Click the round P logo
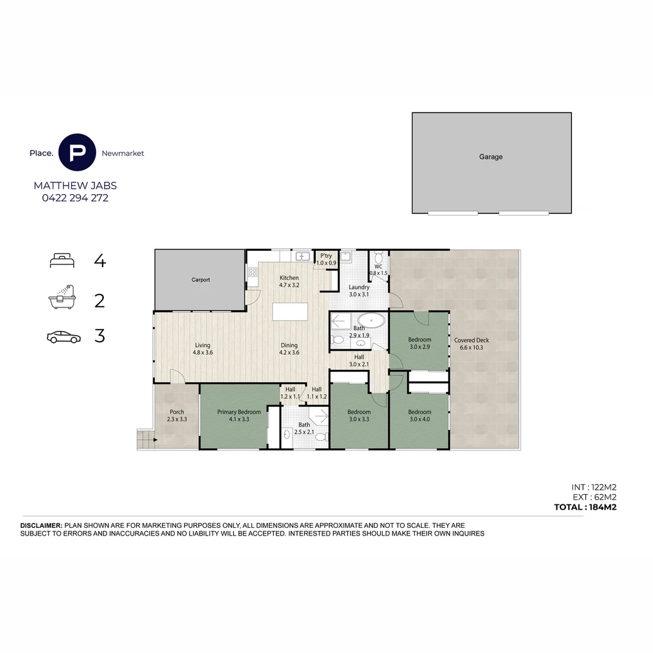pos(77,152)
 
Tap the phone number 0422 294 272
pos(75,198)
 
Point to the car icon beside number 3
pos(63,337)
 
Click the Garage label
pos(490,157)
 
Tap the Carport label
pos(201,280)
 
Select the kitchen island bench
pos(290,311)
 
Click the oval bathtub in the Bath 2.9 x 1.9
pos(370,320)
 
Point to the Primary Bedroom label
pos(239,412)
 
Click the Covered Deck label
pos(471,340)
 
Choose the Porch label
pos(177,412)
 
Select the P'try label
pos(326,256)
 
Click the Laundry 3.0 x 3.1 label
pos(359,291)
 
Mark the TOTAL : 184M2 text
pos(585,507)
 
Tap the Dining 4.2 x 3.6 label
pos(289,349)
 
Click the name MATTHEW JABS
pos(75,186)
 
